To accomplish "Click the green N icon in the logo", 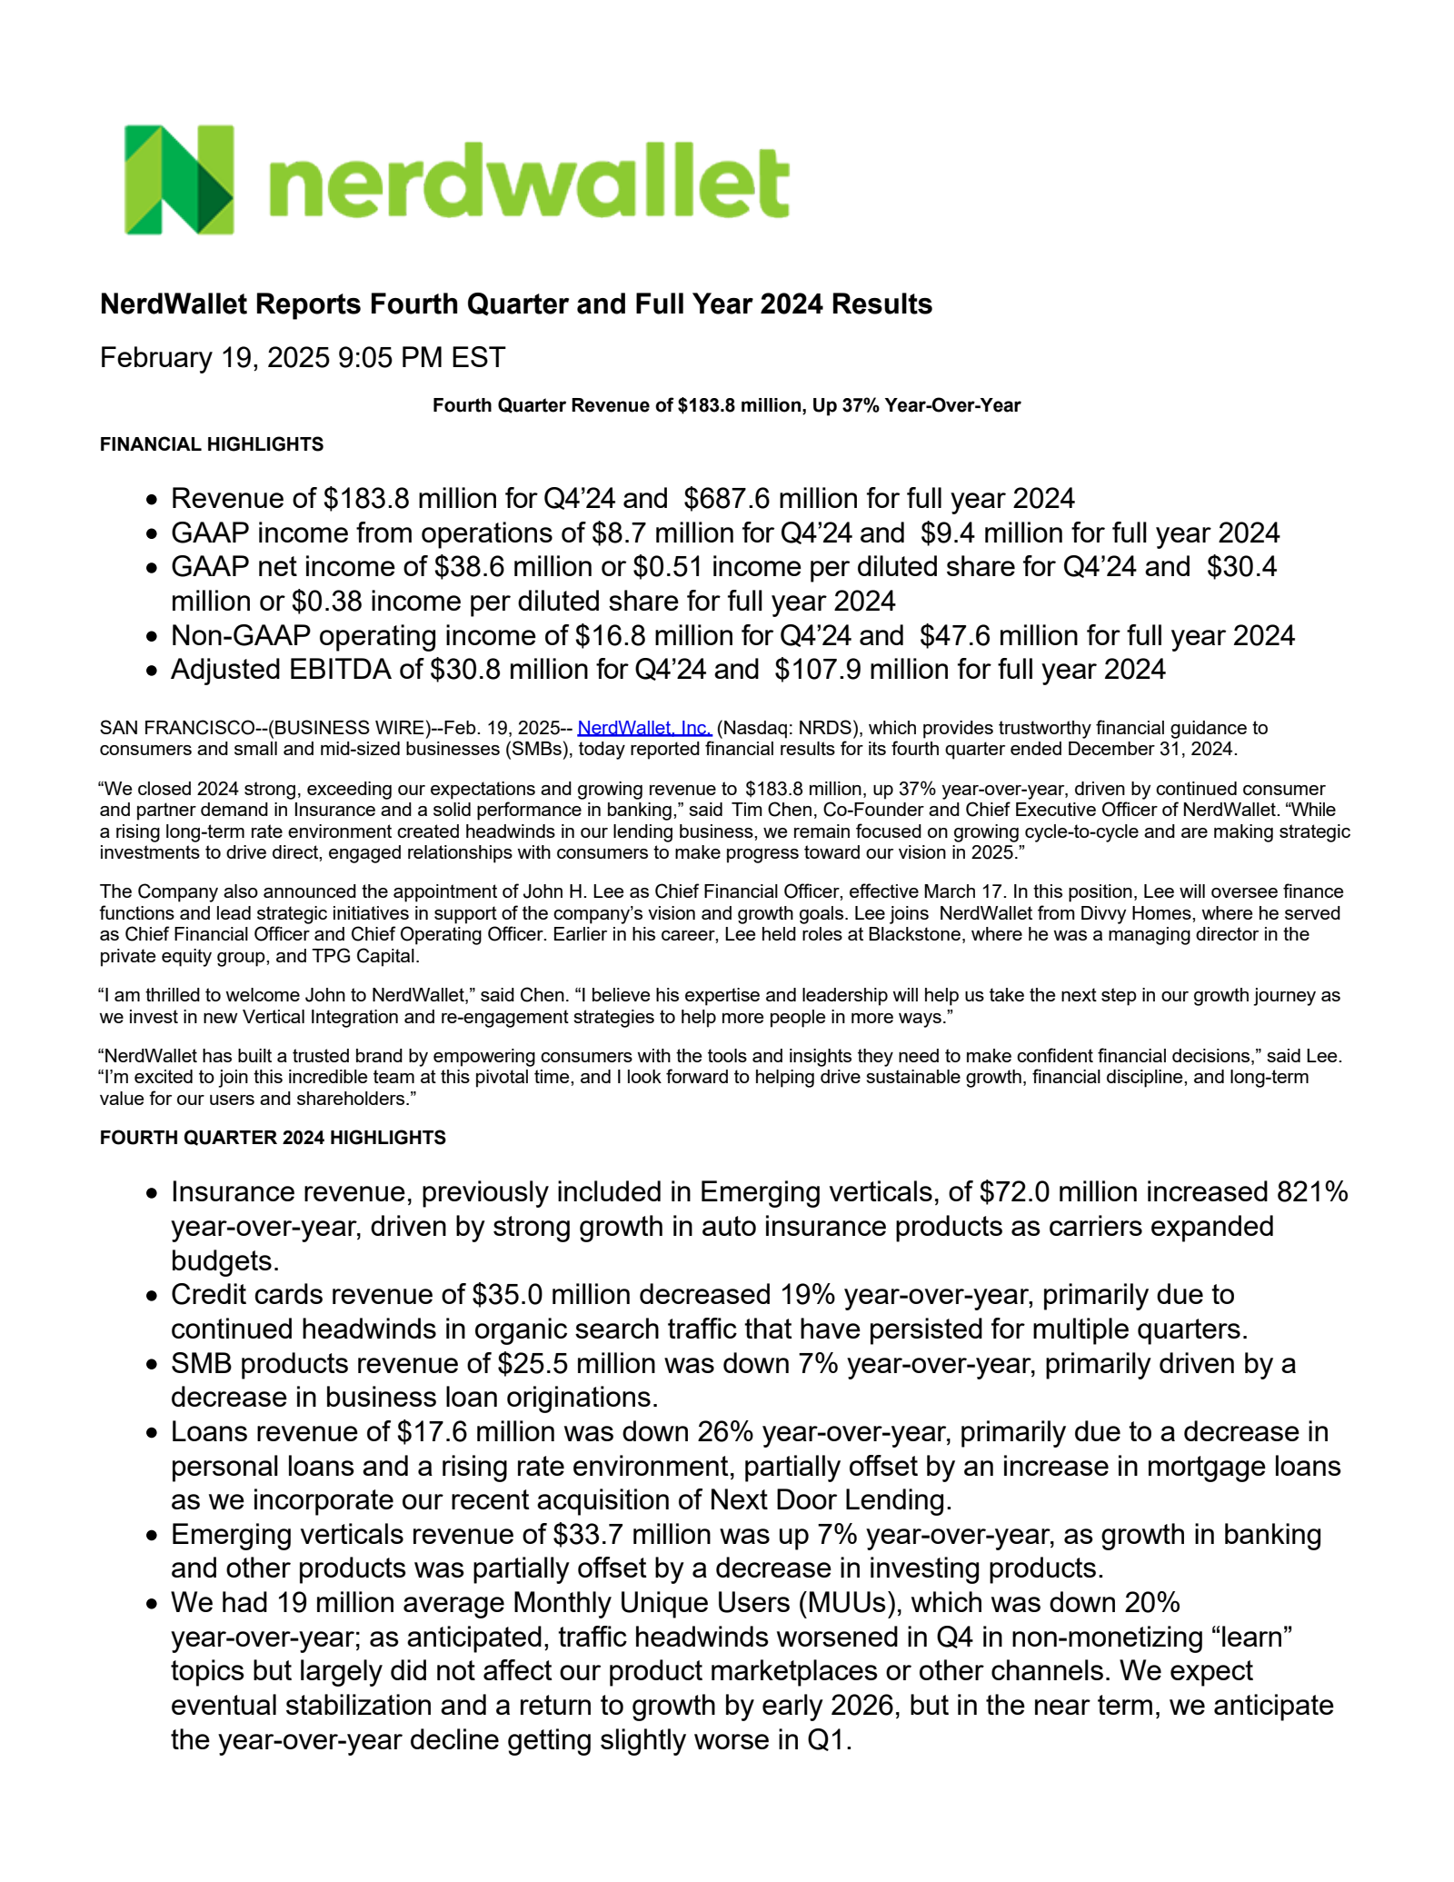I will click(x=179, y=180).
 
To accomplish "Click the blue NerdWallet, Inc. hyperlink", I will click(x=644, y=728).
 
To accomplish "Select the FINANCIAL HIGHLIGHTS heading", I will click(x=212, y=444).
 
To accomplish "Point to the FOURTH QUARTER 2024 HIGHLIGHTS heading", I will click(x=273, y=1138).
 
